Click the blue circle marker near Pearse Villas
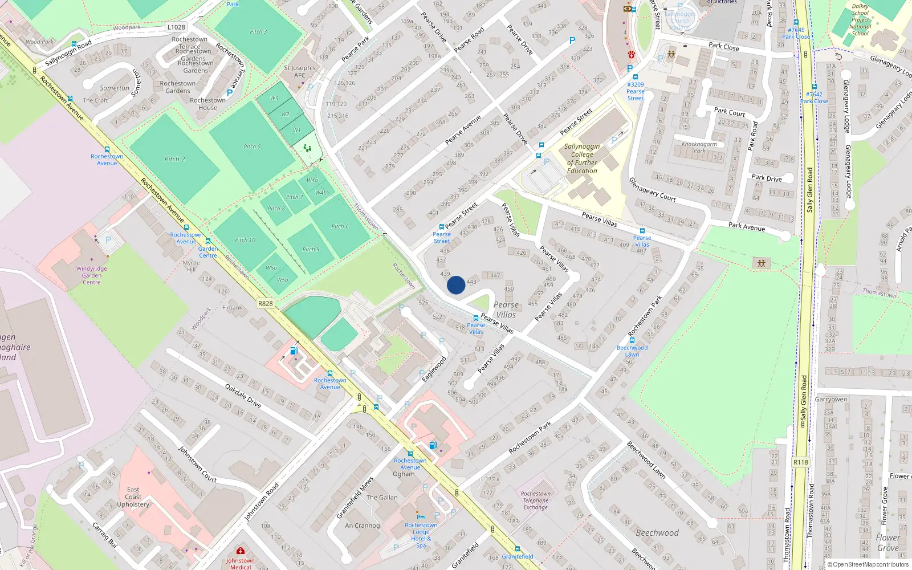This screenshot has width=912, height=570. (x=455, y=285)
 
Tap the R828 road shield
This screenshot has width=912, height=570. (x=265, y=303)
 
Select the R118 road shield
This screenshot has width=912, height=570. (x=800, y=462)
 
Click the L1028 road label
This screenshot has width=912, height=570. (x=176, y=27)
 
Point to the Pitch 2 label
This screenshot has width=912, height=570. (x=175, y=159)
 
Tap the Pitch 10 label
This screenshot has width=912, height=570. (x=245, y=240)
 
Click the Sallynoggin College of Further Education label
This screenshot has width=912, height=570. (x=582, y=158)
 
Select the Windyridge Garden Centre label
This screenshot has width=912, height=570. (x=92, y=275)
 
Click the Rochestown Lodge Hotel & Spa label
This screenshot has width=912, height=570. (x=421, y=535)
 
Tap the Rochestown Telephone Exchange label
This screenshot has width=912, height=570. (x=536, y=500)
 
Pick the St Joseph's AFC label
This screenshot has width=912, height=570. (x=300, y=71)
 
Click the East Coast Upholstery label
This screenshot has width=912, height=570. (x=133, y=496)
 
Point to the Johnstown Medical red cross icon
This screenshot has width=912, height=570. (x=241, y=551)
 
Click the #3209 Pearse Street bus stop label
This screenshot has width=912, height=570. (x=636, y=91)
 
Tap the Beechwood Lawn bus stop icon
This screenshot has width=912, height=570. (x=632, y=340)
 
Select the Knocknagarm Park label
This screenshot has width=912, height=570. (x=699, y=147)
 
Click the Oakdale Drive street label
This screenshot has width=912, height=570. (x=243, y=396)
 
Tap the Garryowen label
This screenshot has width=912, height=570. (x=831, y=399)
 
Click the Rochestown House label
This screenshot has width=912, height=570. (x=207, y=104)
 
